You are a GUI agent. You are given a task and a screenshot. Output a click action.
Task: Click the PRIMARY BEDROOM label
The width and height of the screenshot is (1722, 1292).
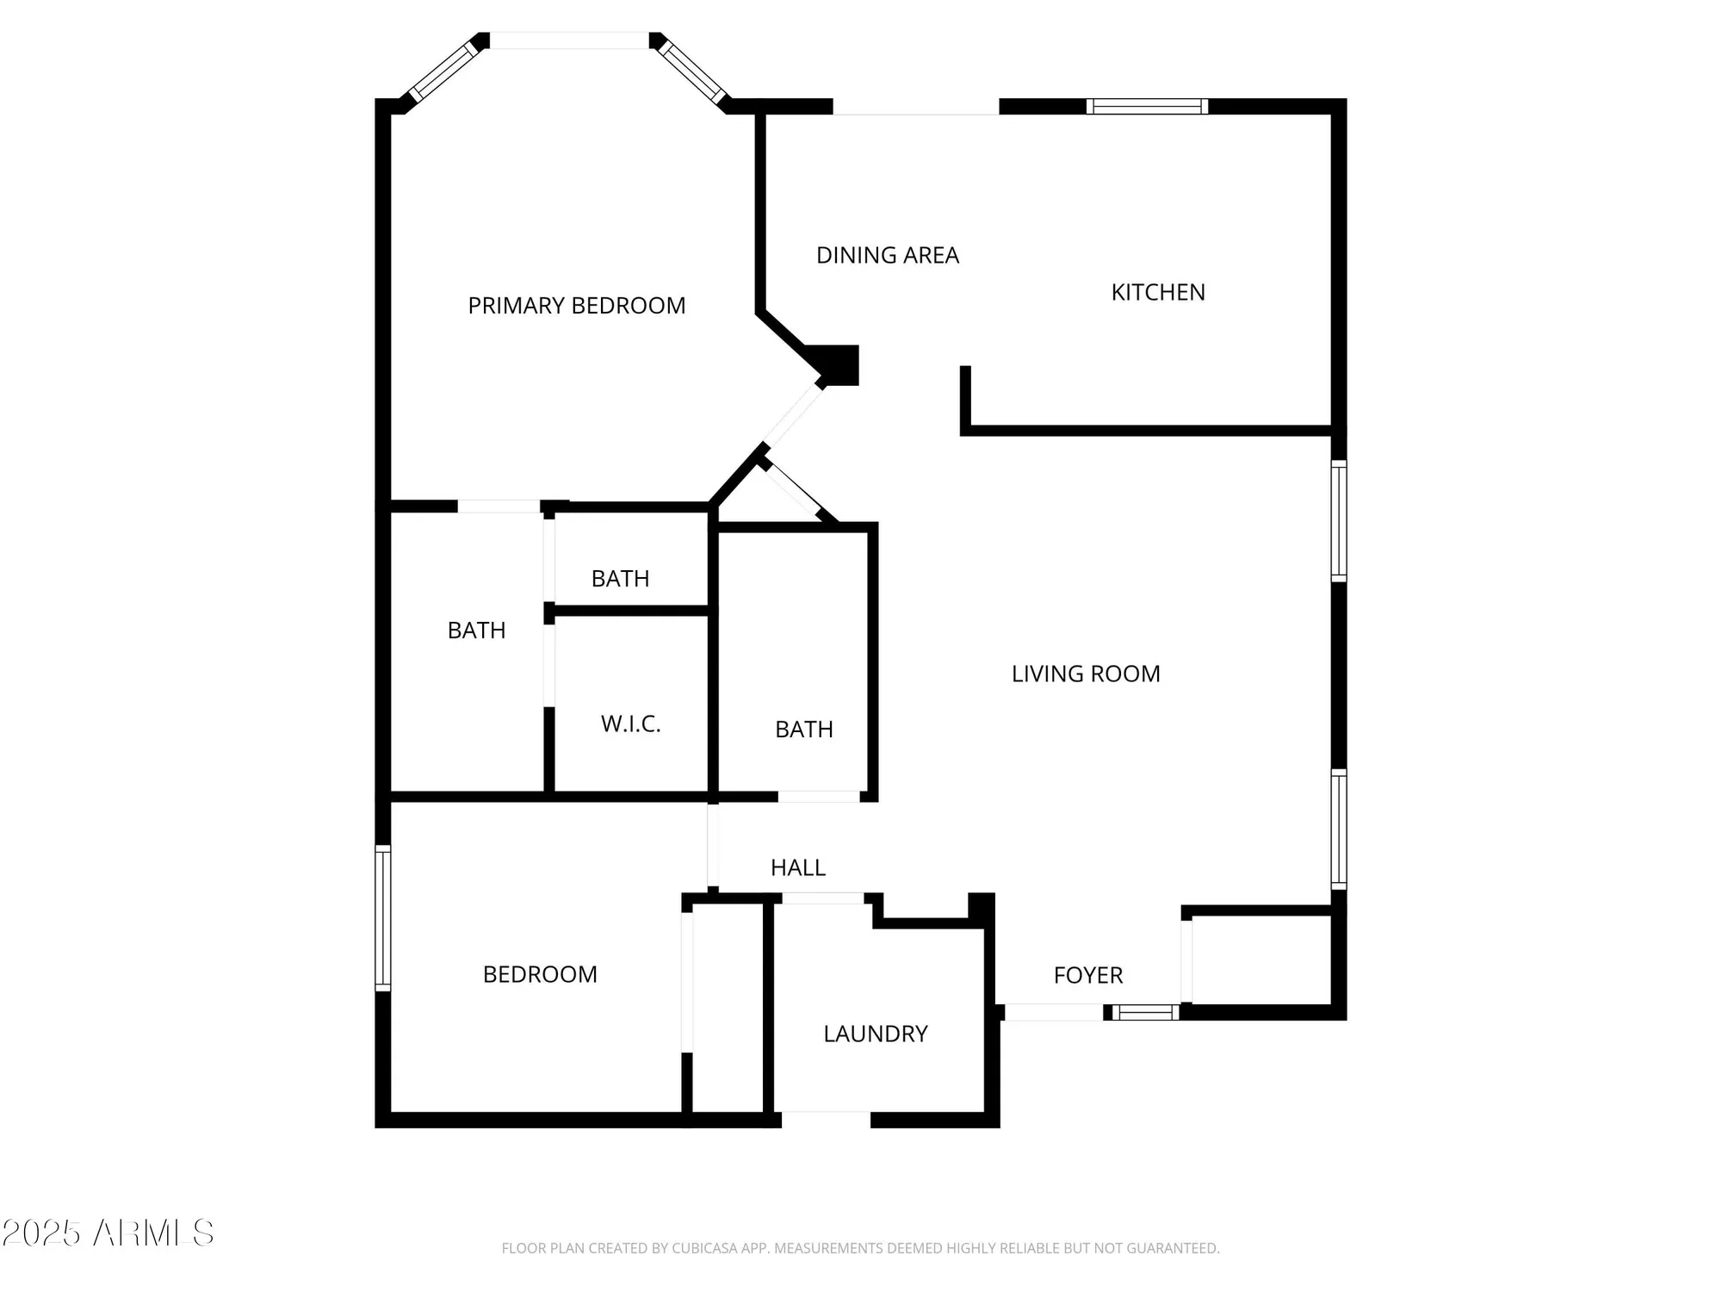pos(576,306)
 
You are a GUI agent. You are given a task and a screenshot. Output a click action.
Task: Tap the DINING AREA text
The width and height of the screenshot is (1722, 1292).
pos(887,256)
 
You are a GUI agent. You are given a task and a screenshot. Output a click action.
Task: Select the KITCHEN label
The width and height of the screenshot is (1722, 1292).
pos(1157,293)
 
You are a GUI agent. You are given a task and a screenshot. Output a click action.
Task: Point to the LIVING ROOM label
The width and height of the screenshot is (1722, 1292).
pos(1085,674)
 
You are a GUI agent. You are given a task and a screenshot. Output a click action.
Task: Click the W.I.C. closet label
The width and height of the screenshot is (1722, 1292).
pos(630,724)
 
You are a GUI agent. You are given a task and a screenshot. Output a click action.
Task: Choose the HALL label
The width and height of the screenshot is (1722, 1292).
pos(797,868)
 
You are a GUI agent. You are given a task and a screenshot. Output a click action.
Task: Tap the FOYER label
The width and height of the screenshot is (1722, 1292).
pos(1087,975)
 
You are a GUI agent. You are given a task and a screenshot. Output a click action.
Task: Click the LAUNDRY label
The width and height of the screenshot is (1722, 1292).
pos(875,1034)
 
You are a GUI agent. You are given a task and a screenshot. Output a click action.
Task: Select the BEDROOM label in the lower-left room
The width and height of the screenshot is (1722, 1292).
pos(539,974)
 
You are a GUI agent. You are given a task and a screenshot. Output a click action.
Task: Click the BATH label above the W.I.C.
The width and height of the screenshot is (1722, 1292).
pos(620,579)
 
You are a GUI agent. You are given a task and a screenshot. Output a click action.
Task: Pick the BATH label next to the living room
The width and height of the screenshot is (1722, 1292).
pos(803,730)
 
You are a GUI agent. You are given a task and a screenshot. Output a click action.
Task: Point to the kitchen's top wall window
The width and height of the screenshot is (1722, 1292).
pos(1146,107)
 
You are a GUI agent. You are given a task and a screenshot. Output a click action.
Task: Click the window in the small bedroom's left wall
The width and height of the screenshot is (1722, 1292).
pos(383,918)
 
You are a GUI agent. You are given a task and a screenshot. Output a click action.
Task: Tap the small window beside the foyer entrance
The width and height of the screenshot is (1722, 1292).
pos(1145,1013)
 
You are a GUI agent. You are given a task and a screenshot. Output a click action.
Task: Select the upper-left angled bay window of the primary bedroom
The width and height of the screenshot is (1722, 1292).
pos(442,72)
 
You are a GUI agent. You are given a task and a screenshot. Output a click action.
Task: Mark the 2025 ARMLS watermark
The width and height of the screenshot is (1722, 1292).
pos(108,1233)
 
